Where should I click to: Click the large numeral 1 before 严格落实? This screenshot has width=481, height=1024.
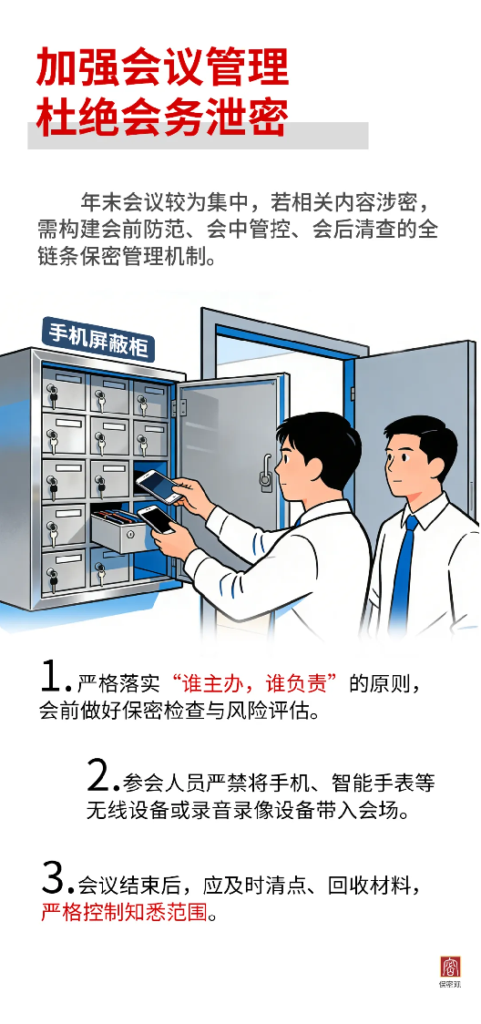point(52,678)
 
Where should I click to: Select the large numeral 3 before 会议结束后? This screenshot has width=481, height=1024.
point(54,878)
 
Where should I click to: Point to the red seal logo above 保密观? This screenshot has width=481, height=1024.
point(450,966)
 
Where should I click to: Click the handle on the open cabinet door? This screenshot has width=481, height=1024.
point(266,472)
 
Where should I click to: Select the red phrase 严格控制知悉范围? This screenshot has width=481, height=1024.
point(124,912)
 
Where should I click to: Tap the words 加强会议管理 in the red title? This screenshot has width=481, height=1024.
point(162,67)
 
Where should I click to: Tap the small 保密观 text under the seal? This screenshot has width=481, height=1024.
point(450,984)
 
